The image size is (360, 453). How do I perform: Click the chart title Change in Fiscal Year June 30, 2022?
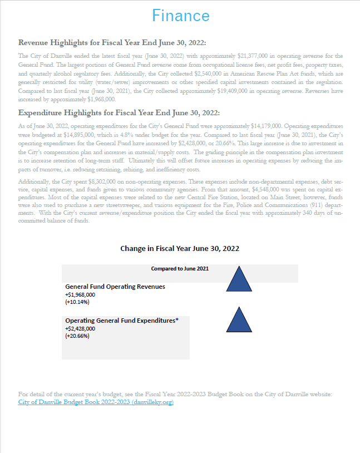point(180,248)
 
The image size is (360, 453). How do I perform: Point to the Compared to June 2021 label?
point(180,269)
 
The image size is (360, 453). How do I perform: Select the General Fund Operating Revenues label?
point(115,287)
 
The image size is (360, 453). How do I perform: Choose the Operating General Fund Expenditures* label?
point(121,321)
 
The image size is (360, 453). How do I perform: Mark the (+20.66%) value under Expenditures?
point(77,336)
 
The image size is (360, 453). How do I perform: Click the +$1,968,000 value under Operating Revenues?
point(80,294)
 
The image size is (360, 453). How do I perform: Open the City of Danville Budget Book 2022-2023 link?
point(96,402)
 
